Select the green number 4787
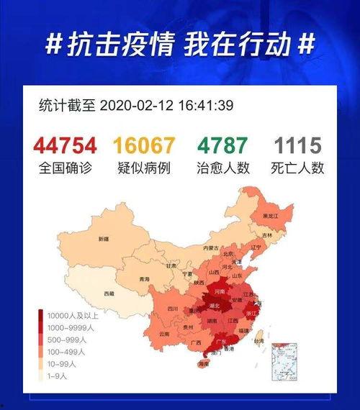tap(222, 145)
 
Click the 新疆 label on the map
tap(104, 239)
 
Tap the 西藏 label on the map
tap(108, 293)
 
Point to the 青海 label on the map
tap(143, 279)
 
